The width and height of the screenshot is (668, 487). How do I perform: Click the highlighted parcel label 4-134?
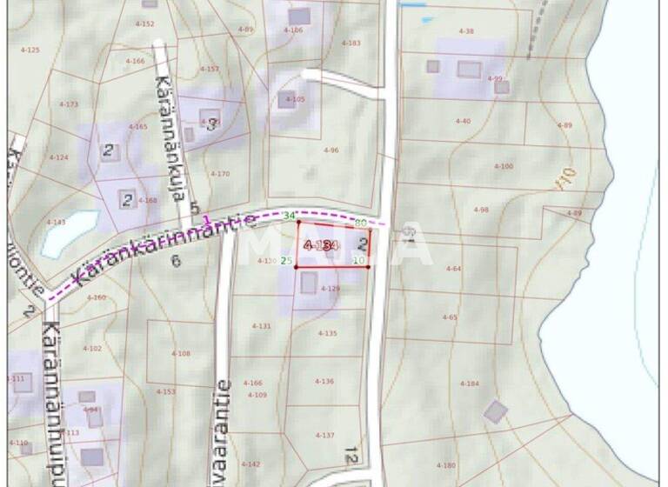click(x=320, y=246)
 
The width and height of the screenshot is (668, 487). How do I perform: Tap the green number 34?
click(x=290, y=216)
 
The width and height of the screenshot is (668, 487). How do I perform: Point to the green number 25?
click(x=286, y=260)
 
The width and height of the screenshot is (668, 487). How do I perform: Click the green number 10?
click(x=358, y=260)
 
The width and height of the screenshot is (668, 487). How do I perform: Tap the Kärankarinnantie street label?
click(x=165, y=250)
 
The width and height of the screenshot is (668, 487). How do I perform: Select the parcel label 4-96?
click(x=331, y=150)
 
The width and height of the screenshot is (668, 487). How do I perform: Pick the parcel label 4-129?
click(x=331, y=288)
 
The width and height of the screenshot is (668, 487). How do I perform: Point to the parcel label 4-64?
click(x=453, y=269)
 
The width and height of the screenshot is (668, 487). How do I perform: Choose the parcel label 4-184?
click(x=469, y=384)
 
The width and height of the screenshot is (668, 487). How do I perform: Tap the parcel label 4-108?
click(x=181, y=353)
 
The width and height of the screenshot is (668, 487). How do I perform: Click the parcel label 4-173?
click(x=69, y=104)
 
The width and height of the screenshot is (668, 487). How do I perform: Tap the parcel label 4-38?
click(x=466, y=31)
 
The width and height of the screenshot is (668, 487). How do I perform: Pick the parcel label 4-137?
click(x=324, y=435)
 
